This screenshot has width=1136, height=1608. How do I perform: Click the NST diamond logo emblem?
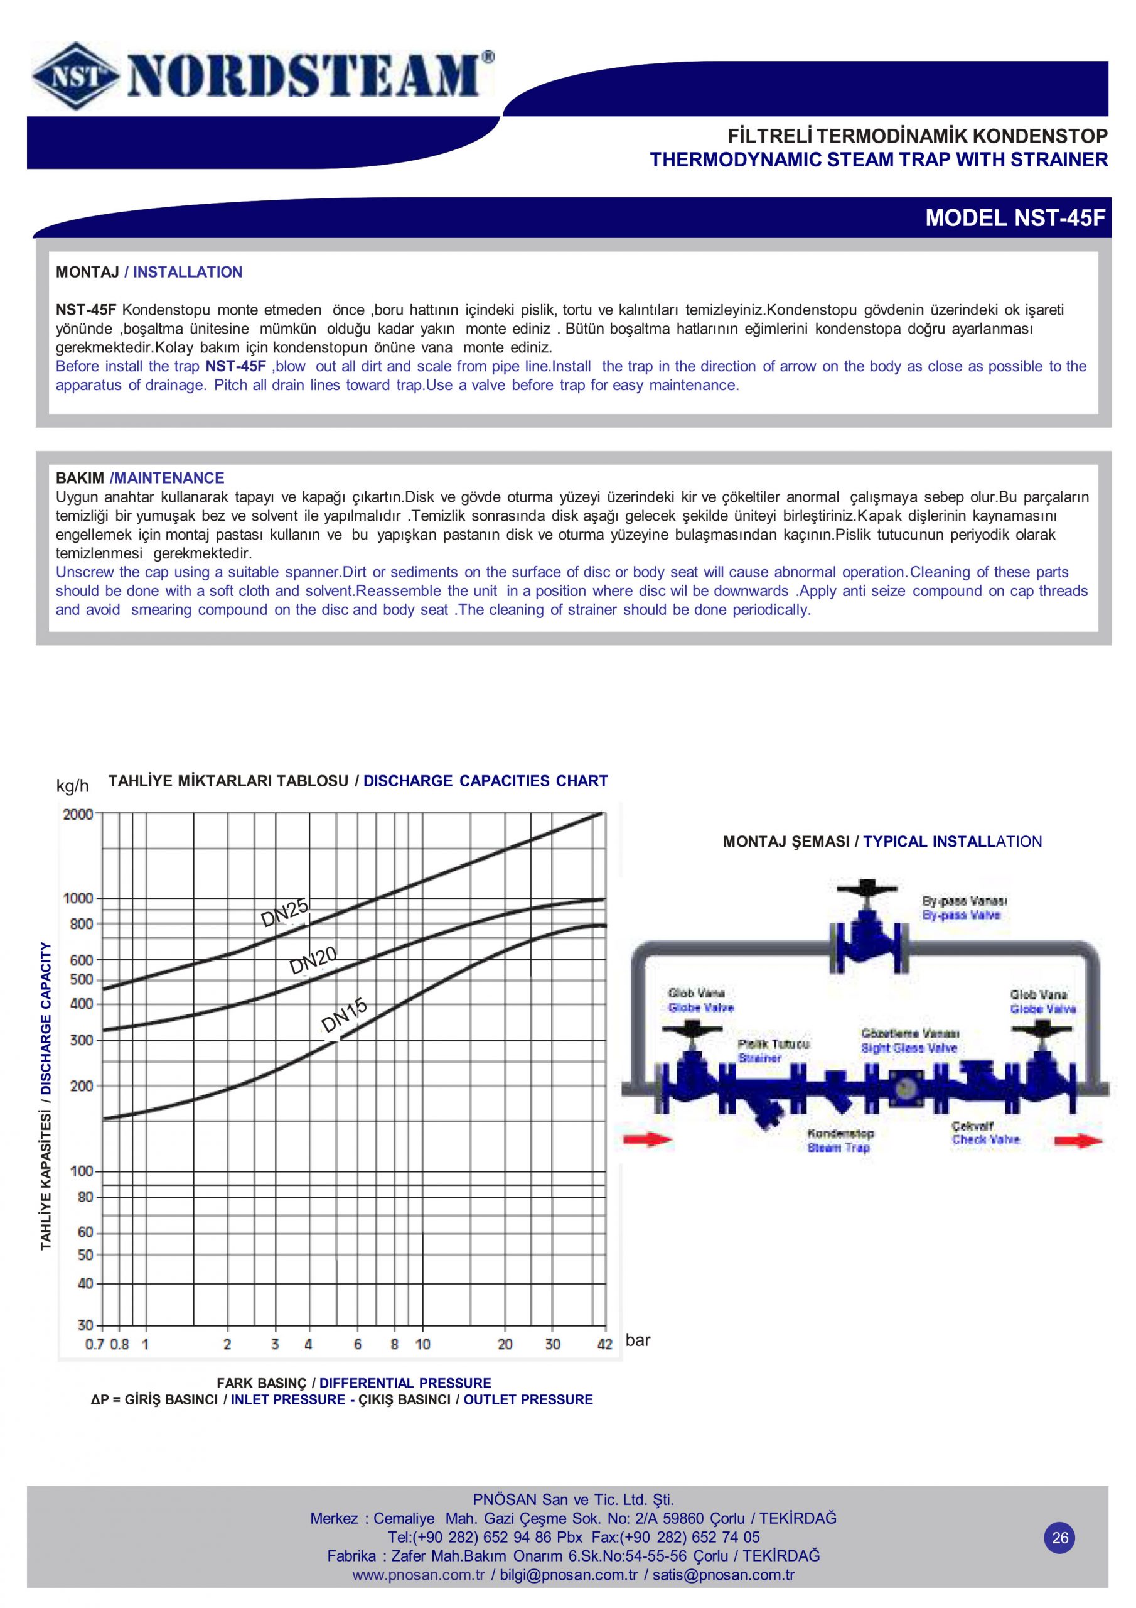tap(73, 75)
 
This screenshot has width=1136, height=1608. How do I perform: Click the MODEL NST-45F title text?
tap(1015, 219)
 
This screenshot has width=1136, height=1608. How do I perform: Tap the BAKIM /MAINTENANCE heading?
tap(140, 479)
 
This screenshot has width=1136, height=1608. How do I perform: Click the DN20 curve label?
tap(314, 960)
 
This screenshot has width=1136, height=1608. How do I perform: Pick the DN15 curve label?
tap(344, 1016)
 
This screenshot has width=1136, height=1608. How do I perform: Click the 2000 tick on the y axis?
tap(78, 814)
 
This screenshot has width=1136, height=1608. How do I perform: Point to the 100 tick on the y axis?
tap(81, 1171)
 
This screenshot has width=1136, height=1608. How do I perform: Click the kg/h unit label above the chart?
tap(73, 786)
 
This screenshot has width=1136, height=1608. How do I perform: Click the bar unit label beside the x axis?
tap(638, 1340)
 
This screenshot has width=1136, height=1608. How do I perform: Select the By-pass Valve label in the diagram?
tap(961, 915)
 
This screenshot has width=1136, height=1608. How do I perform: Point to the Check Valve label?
tap(985, 1140)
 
